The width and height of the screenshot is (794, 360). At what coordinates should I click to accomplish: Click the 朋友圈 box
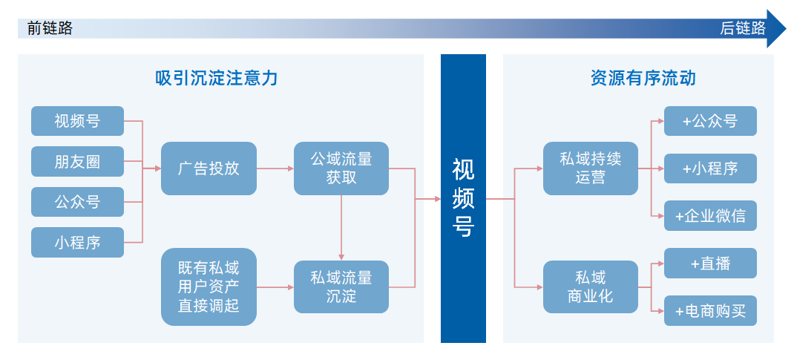(x=77, y=161)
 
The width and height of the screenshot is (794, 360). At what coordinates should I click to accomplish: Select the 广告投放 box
(x=209, y=168)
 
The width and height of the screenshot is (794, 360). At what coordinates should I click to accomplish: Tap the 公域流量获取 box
(x=341, y=168)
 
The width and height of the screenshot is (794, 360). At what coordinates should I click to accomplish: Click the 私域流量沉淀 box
(x=341, y=287)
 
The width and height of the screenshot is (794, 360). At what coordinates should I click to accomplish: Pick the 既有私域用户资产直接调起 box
(x=209, y=287)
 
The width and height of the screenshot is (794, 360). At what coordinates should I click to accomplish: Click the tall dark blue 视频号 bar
(x=463, y=198)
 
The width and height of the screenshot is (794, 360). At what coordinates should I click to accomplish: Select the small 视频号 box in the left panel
(x=77, y=121)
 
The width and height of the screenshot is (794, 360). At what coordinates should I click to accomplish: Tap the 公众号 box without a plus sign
(x=77, y=201)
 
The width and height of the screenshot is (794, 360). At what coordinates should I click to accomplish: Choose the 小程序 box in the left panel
(x=77, y=242)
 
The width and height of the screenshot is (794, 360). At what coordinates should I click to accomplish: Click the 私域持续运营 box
(x=590, y=168)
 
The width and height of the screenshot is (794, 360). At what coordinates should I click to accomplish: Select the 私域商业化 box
(x=590, y=287)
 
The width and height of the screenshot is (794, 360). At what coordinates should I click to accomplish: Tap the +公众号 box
(x=710, y=121)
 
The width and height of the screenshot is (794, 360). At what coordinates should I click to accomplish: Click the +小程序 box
(x=710, y=168)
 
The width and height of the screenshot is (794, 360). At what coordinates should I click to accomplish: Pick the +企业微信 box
(x=710, y=216)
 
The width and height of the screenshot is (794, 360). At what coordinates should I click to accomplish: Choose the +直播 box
(x=710, y=264)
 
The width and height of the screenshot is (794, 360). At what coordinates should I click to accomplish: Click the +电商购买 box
(x=710, y=311)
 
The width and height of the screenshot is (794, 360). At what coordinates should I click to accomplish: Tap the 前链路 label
(x=50, y=28)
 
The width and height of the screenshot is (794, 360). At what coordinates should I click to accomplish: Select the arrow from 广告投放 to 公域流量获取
(x=275, y=168)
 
